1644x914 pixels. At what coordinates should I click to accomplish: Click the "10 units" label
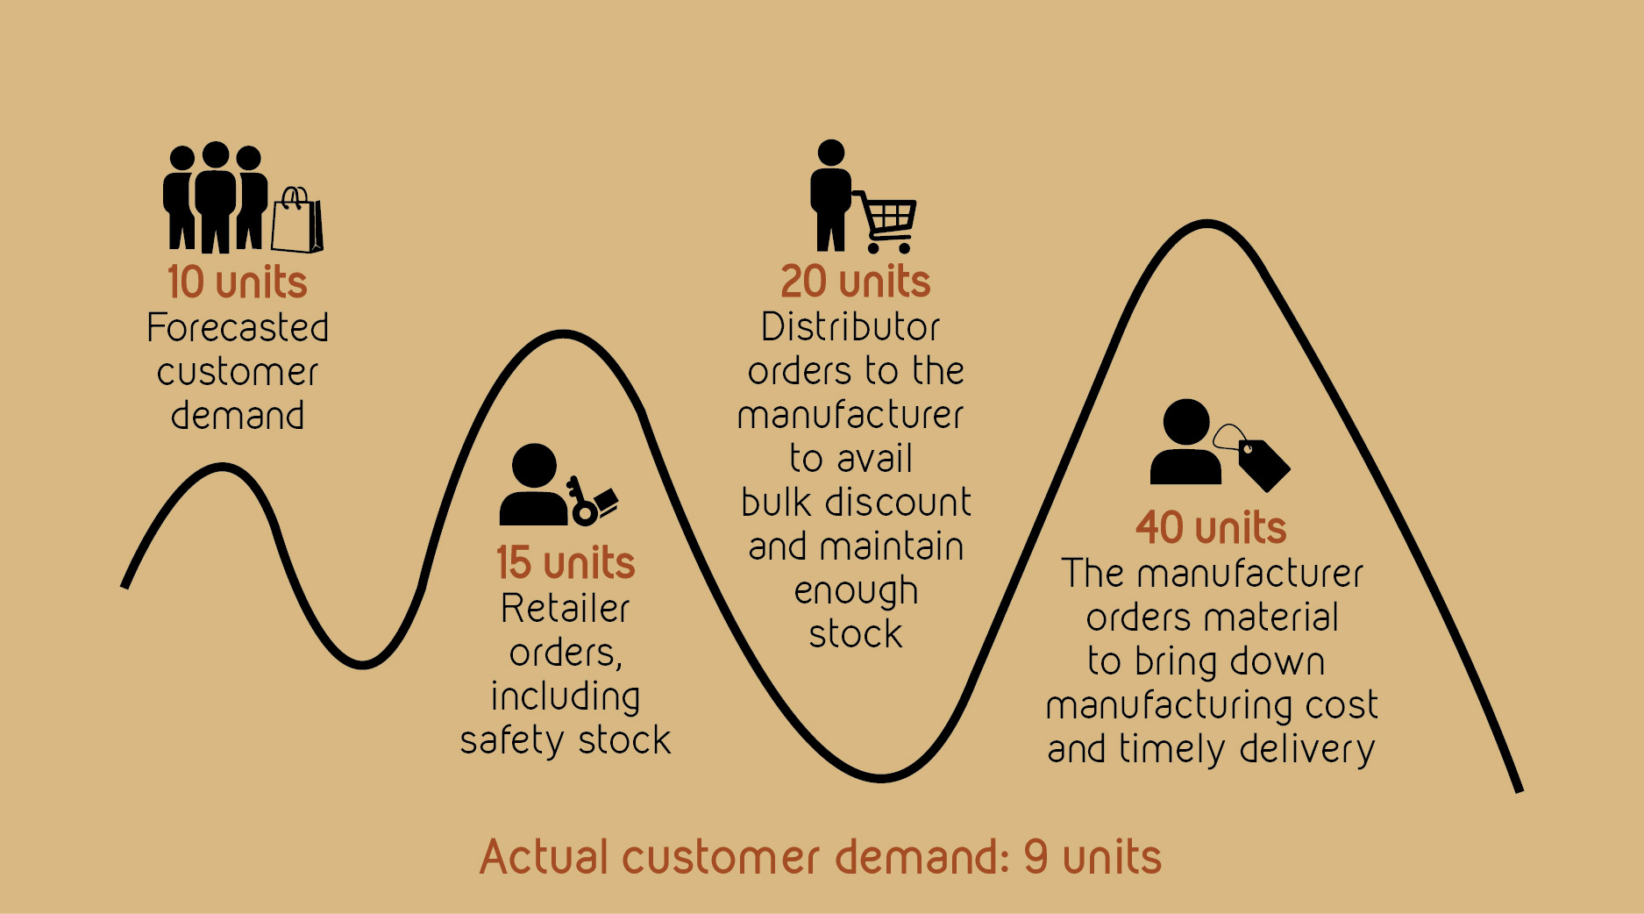[x=238, y=282]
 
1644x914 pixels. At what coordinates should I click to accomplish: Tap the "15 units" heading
[x=566, y=563]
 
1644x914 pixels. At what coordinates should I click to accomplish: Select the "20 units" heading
[x=856, y=282]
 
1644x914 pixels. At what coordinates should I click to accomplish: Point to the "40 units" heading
[x=1211, y=528]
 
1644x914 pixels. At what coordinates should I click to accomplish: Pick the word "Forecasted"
[x=238, y=328]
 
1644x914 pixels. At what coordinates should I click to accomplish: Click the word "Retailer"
[x=566, y=609]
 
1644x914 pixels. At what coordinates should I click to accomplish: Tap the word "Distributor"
[x=850, y=327]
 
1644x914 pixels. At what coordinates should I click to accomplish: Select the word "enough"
[x=856, y=591]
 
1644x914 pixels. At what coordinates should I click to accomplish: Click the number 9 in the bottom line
[x=1036, y=857]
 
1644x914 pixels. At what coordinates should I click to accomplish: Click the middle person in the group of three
[x=216, y=197]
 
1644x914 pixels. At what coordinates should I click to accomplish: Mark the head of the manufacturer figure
[x=1186, y=423]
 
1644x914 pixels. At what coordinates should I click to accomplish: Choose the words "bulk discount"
[x=856, y=503]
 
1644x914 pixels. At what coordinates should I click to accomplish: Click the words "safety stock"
[x=566, y=740]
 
